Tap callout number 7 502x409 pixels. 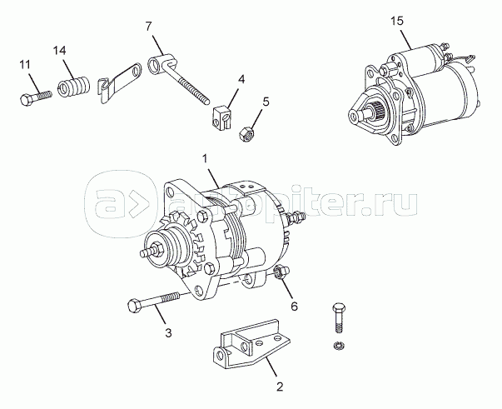(149, 27)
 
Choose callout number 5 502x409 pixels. (266, 102)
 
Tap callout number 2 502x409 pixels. (280, 385)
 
